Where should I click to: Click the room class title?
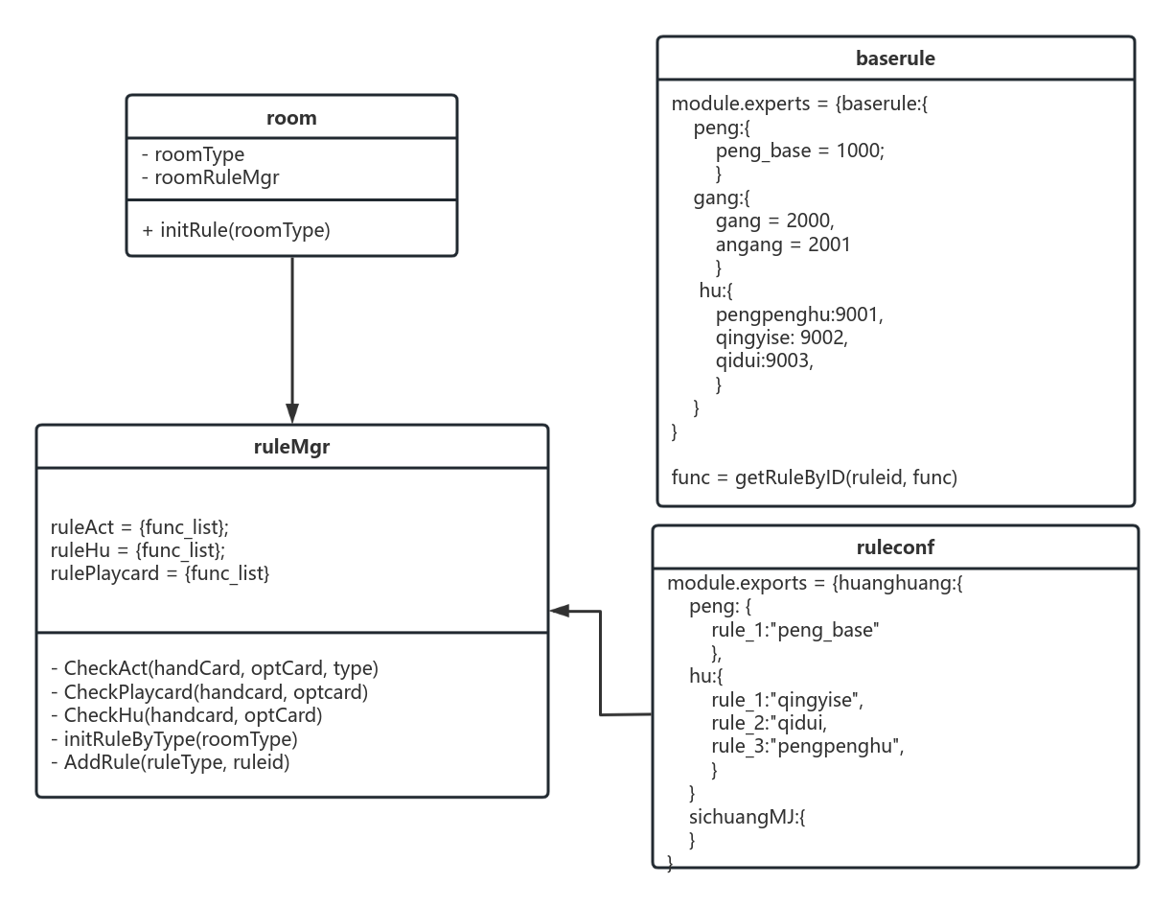click(291, 118)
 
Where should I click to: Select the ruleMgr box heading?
click(291, 447)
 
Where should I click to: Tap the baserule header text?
click(895, 58)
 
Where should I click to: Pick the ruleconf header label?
click(895, 548)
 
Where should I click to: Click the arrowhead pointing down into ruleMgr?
click(291, 413)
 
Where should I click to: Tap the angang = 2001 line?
click(782, 244)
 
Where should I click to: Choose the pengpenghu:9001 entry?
click(798, 314)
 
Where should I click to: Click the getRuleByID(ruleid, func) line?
click(814, 477)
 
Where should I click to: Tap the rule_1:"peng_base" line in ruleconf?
click(795, 630)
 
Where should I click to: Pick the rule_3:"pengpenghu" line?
click(807, 747)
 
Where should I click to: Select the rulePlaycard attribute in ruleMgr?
click(160, 573)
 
